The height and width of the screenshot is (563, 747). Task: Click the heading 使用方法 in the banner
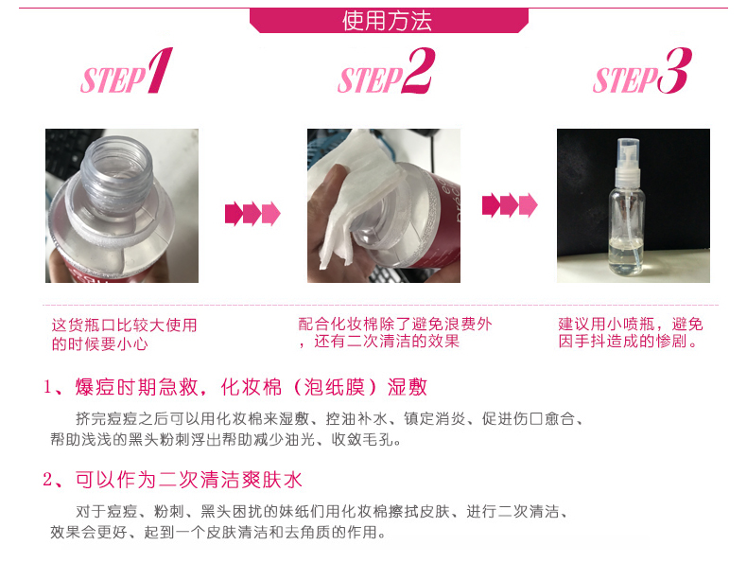[x=387, y=21]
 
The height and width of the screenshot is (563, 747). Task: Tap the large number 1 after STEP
[x=160, y=70]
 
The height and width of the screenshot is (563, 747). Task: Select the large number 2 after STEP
[x=418, y=70]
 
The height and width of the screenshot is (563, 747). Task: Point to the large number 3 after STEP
[x=674, y=70]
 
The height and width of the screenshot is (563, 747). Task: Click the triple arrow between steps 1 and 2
[x=252, y=213]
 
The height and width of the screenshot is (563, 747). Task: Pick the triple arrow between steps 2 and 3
[x=510, y=205]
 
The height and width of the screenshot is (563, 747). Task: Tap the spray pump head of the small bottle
[x=629, y=161]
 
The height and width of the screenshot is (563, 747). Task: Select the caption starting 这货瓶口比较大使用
[x=124, y=334]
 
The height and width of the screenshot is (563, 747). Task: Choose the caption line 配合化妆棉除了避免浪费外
[x=395, y=325]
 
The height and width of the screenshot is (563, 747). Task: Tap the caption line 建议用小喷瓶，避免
[x=631, y=325]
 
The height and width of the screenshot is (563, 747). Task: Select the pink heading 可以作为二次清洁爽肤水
[x=189, y=480]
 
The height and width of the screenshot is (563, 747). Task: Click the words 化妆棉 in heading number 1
[x=252, y=387]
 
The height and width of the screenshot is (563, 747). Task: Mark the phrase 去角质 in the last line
[x=307, y=532]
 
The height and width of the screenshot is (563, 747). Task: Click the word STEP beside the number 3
[x=625, y=79]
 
